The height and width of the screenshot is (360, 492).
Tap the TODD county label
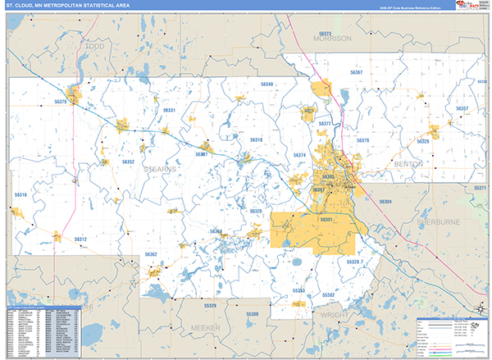[x=94, y=48]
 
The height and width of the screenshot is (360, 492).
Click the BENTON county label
[x=408, y=163]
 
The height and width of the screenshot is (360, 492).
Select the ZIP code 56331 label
[x=169, y=110]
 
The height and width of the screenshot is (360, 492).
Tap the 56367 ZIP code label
[x=357, y=73]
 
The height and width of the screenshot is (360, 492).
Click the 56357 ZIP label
[x=462, y=108]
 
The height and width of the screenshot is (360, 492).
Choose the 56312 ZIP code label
[x=79, y=239]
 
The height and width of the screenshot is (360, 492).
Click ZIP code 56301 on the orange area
[x=326, y=220]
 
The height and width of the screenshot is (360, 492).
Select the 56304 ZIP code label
[x=385, y=201]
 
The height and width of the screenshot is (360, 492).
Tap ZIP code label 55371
[x=480, y=188]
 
